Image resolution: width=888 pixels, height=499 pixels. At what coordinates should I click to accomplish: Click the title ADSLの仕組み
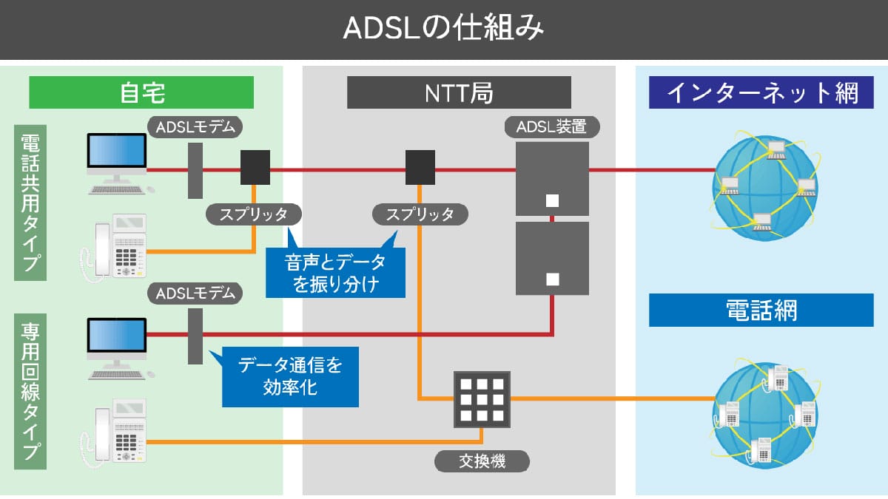coord(444,29)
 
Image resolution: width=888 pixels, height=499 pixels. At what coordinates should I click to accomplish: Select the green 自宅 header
coord(141,93)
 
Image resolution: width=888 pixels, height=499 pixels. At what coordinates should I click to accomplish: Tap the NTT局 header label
coord(459,93)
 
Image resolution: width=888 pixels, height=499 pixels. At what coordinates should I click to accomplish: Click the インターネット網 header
coord(761,93)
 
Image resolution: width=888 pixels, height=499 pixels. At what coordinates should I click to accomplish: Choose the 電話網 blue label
coord(761,310)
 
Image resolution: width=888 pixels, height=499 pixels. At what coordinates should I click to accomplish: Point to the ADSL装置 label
coord(552,127)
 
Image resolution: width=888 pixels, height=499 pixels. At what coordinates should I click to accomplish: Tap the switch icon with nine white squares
coord(482,399)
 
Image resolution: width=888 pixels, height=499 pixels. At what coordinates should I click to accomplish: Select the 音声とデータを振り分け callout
coord(335,272)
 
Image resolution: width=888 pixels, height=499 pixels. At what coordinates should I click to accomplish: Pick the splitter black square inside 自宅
coord(255,168)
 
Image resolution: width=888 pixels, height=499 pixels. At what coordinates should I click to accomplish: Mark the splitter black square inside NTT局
coord(420,168)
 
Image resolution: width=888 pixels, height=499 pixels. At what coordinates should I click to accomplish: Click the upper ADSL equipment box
coord(552,177)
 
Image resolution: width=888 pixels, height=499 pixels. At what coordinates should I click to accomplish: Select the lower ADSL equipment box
coord(552,257)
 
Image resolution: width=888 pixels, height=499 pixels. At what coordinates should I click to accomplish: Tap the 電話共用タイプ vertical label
coord(30,202)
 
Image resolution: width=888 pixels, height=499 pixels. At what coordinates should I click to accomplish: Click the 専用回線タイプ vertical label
coord(30,391)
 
